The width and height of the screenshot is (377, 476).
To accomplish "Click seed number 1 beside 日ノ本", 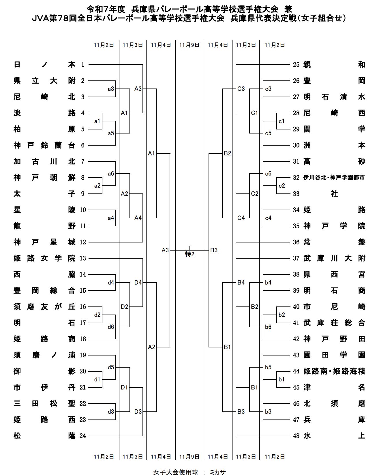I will (x=83, y=65).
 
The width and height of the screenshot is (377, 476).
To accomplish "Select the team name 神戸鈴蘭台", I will (x=44, y=145).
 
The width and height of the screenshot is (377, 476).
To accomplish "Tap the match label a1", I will (x=97, y=121).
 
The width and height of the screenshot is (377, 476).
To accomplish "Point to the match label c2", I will (x=282, y=186).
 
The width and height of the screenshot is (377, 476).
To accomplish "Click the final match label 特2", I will (x=190, y=254).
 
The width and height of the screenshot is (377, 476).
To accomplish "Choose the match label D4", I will (x=138, y=283).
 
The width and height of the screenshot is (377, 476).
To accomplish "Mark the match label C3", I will (x=241, y=89).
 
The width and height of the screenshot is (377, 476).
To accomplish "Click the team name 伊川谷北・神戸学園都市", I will (x=334, y=178).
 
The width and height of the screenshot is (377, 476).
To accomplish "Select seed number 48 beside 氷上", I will (x=296, y=436).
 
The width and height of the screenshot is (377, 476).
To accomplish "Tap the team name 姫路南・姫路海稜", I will (x=334, y=371).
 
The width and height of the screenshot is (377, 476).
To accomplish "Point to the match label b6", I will (x=268, y=327).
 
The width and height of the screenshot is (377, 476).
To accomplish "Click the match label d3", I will (x=111, y=412).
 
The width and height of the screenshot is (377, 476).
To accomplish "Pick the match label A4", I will (x=138, y=218).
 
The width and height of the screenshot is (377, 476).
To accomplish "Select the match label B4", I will (x=241, y=283).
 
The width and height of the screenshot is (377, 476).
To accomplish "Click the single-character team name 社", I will (x=334, y=194).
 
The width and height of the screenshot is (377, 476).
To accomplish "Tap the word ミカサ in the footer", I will (x=217, y=472).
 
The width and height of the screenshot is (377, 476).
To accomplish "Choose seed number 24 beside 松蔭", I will (x=83, y=436).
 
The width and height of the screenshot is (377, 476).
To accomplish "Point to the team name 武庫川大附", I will (x=334, y=258).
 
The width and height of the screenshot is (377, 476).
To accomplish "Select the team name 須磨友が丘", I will (x=44, y=307).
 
